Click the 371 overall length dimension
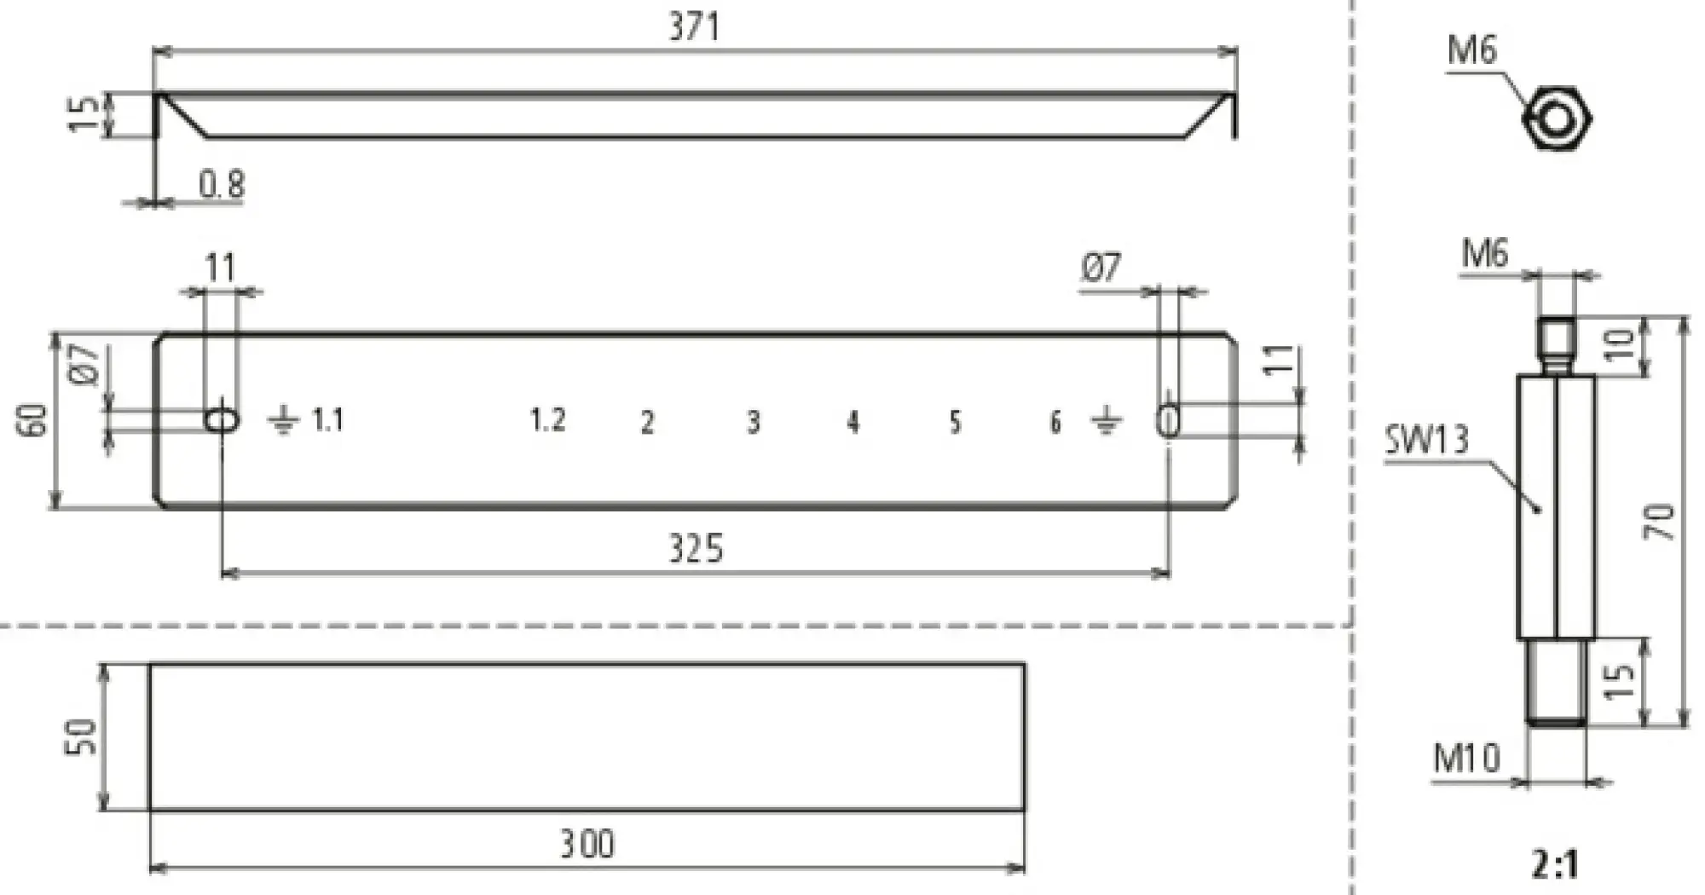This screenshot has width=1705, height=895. (694, 27)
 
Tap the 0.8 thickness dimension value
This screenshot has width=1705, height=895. (222, 184)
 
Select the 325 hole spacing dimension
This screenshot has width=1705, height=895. (696, 549)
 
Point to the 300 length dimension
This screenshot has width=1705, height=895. (587, 844)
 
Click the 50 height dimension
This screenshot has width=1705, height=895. (82, 736)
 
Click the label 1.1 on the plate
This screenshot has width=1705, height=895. (327, 420)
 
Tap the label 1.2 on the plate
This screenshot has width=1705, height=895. (547, 420)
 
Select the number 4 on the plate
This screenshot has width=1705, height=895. (852, 422)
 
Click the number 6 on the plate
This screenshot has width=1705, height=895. (1055, 422)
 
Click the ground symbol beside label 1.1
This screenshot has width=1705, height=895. (283, 420)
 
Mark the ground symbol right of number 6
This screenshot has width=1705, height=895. (1106, 420)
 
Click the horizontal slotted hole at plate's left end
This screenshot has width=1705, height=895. (222, 419)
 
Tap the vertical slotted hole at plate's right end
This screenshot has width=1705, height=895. (1169, 421)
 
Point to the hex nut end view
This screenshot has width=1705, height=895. (1557, 118)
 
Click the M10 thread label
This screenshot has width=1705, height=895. (1466, 758)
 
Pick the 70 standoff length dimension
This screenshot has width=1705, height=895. (1659, 522)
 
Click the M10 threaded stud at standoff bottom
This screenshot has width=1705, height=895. (1557, 682)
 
